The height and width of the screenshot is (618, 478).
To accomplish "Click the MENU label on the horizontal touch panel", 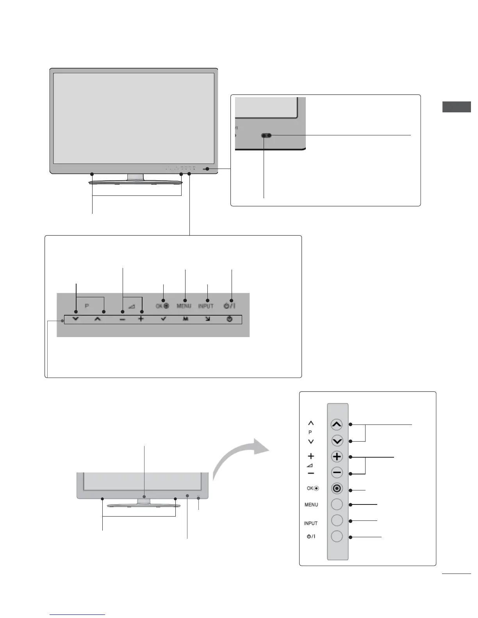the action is [x=184, y=306].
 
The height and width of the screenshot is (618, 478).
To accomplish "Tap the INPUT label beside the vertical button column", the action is [x=311, y=523].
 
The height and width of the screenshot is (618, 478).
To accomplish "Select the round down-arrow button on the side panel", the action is [x=337, y=441].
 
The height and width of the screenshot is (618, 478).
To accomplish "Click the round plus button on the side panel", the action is [x=337, y=456].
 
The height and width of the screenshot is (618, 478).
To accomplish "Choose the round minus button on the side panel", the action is [x=337, y=473].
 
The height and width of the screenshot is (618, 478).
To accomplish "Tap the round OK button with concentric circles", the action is [x=337, y=488].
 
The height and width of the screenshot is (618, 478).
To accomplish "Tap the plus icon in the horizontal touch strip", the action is [x=141, y=319].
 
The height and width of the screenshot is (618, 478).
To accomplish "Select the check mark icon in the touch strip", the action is [x=163, y=319].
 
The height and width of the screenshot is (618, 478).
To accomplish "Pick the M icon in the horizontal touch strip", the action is [x=186, y=319].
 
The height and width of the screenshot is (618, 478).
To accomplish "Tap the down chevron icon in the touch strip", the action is [x=76, y=319].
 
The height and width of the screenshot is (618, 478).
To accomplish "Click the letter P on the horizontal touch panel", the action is [x=87, y=306].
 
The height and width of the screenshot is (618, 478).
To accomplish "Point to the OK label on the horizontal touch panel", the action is [x=159, y=306].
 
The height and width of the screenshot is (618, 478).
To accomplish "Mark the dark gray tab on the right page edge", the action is [x=457, y=107].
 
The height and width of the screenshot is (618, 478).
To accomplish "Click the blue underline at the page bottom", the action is [x=77, y=614].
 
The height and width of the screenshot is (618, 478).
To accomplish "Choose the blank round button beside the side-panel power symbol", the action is [x=337, y=536].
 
